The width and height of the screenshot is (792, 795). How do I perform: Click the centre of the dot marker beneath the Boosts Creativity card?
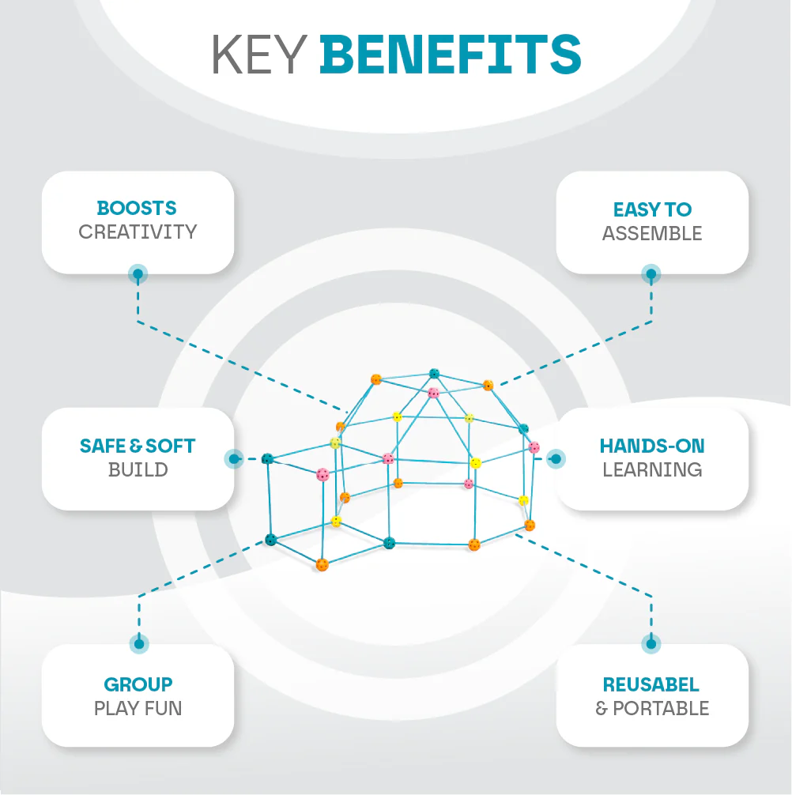(138, 274)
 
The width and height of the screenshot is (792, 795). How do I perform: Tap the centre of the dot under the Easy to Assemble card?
(651, 274)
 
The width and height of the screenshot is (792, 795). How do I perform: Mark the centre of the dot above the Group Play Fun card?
(139, 644)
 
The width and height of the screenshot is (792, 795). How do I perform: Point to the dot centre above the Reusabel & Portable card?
(651, 644)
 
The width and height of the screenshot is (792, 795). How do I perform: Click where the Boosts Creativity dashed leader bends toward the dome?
(138, 321)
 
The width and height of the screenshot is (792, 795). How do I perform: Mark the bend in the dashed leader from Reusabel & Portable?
(651, 596)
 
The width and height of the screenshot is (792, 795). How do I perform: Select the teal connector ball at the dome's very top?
(434, 374)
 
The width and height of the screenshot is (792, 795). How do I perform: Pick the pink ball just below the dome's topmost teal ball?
(433, 393)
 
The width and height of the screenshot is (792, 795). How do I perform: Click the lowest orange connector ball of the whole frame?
(322, 564)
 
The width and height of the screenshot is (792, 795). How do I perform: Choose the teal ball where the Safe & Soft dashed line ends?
(267, 459)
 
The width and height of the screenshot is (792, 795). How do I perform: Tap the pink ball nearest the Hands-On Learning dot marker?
(534, 447)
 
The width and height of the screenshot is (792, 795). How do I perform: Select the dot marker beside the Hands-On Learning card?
(556, 459)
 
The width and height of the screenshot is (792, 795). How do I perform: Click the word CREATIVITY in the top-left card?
(138, 232)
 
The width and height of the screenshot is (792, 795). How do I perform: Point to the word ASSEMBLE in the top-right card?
(652, 233)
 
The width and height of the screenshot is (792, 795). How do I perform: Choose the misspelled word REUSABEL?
(651, 684)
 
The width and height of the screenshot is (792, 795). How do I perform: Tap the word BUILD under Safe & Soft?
(138, 469)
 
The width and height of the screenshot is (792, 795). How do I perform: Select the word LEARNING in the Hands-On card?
(652, 469)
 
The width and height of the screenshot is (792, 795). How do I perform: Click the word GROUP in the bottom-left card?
(138, 684)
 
